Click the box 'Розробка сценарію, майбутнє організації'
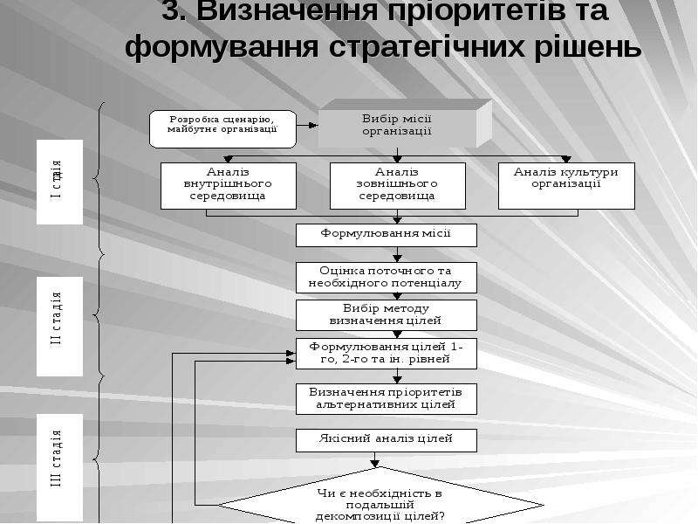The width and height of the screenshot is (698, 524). pos(222,129)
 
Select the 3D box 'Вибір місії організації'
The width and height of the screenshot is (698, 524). pos(405,124)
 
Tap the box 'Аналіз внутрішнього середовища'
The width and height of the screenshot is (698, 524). pos(229,186)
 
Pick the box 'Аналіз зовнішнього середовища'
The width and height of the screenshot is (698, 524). pos(398,186)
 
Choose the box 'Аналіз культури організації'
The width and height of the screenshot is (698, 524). pos(566,186)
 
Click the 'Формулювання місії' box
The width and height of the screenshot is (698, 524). pos(387,235)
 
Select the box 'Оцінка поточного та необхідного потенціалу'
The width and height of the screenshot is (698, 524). pos(387,278)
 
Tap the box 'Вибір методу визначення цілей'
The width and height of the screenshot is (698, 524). pos(387,315)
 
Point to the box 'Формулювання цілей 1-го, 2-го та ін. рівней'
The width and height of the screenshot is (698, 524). pos(387,354)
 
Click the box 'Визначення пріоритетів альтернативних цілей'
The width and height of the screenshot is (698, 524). pos(387,399)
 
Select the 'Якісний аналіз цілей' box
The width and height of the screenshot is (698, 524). pos(387,440)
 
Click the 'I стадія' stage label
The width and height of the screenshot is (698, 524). pos(59,182)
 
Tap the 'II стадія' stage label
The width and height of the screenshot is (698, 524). pos(59,326)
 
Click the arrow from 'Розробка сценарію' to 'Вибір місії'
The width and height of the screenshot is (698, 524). pos(307,125)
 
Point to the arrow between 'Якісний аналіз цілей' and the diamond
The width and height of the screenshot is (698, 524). pos(375,459)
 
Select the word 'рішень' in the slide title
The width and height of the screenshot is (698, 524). pos(587,46)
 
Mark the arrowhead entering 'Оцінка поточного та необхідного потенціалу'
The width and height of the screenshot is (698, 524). pos(398,259)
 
